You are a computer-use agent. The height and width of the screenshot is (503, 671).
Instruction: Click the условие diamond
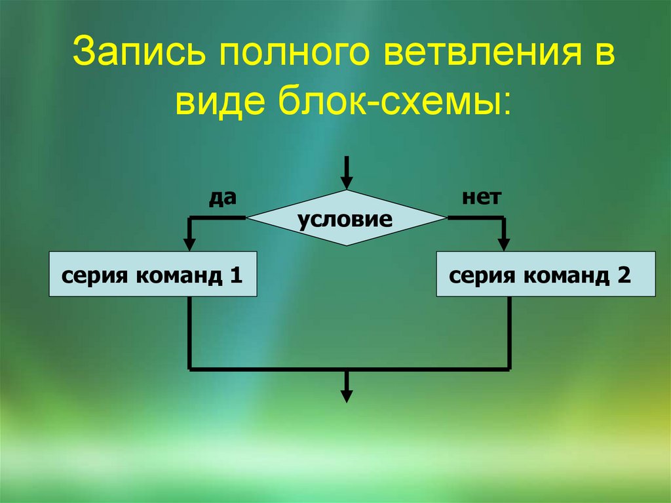345,218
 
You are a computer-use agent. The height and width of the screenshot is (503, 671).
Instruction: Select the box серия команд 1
153,273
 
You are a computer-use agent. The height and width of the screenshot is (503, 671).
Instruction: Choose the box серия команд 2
546,273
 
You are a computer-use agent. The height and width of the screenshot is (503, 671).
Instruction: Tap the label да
222,197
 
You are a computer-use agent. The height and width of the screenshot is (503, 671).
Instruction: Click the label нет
481,197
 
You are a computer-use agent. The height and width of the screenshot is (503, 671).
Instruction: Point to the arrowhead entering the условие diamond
346,184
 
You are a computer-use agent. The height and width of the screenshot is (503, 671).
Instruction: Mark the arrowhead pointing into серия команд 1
189,243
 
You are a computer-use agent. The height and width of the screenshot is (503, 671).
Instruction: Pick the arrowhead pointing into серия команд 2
504,243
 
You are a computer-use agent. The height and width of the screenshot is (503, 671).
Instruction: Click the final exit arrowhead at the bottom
346,395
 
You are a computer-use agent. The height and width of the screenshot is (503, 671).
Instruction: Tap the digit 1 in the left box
237,275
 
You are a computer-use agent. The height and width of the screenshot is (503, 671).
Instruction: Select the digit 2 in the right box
623,275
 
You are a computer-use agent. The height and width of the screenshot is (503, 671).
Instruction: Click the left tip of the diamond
248,218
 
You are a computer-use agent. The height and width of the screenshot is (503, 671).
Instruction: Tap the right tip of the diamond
445,218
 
